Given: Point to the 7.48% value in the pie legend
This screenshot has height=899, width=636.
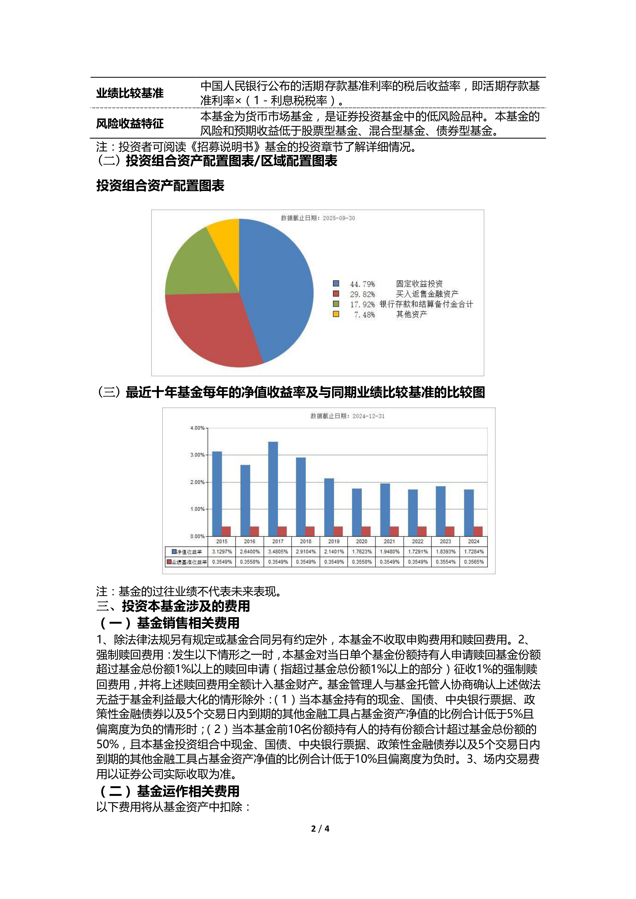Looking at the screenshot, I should point(364,315).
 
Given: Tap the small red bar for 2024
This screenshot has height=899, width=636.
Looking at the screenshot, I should point(478,531).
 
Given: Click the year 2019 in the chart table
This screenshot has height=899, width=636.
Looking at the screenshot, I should point(334,541).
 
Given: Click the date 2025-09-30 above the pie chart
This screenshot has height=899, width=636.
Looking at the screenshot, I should point(339,218).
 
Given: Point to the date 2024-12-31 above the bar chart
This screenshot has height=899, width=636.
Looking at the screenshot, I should point(368,416).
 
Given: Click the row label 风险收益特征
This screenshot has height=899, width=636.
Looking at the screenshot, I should point(130,124).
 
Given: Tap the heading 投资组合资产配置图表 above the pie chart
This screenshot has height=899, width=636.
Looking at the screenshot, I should point(160,186).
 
